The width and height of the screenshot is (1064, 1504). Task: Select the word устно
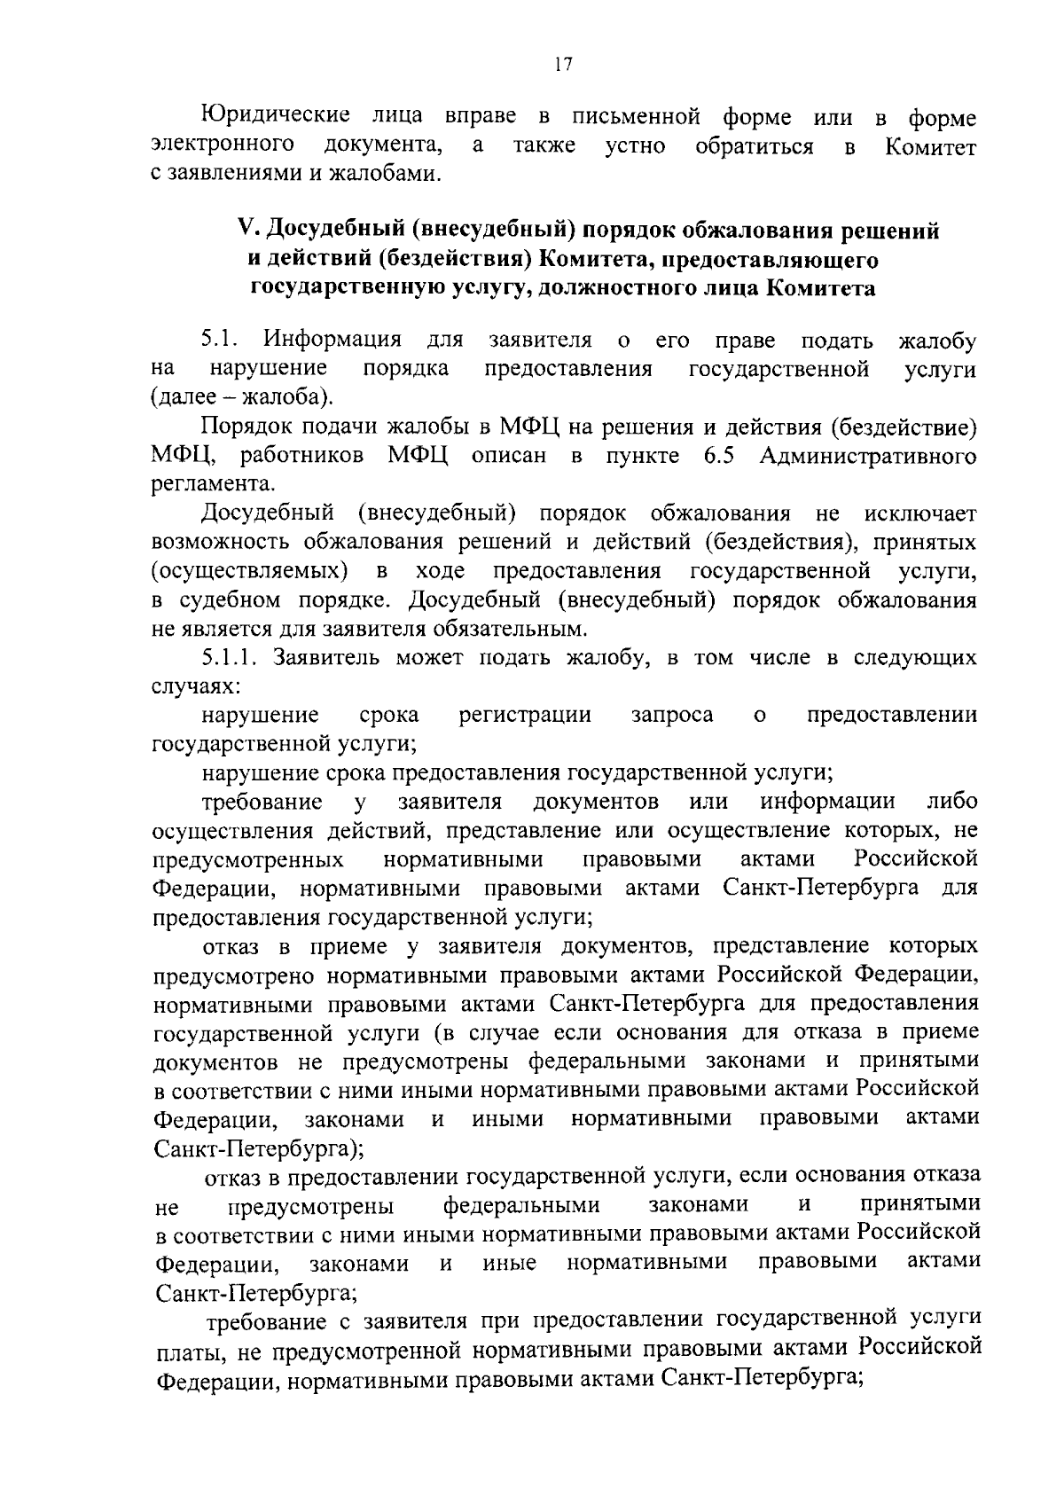tap(634, 146)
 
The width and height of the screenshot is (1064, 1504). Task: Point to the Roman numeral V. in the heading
tap(247, 231)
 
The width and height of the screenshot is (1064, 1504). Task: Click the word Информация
tap(338, 341)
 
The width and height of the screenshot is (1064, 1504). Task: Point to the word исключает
tap(920, 513)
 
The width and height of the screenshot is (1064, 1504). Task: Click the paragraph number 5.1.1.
tap(230, 658)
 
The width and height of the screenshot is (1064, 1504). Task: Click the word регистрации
tap(525, 715)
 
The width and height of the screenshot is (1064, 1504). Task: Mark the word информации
tap(826, 802)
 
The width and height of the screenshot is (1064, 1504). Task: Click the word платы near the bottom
tap(184, 1352)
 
